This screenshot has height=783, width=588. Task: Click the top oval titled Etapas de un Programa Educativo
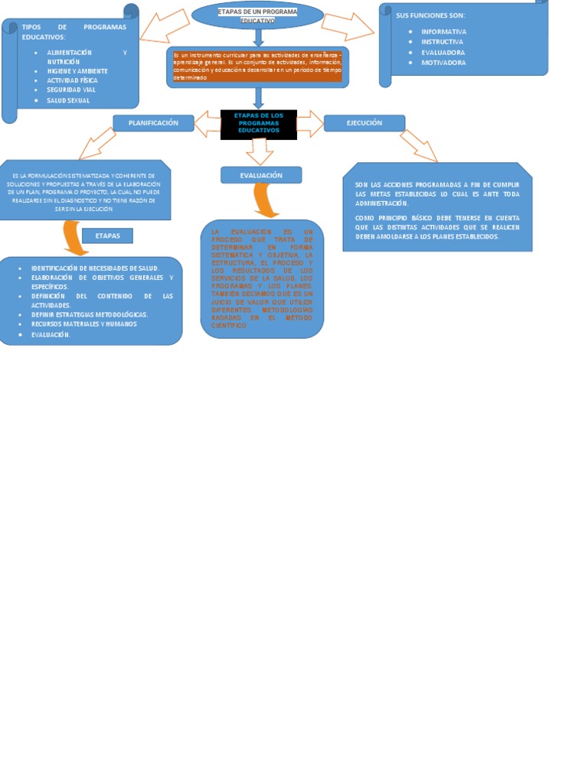[257, 15]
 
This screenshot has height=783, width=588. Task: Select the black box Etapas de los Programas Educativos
[259, 124]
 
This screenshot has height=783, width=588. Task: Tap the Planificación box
[153, 123]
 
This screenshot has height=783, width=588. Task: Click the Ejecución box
[364, 123]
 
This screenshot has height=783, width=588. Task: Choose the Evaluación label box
[261, 175]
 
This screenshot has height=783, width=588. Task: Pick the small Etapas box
[107, 236]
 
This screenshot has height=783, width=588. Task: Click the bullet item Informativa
[444, 31]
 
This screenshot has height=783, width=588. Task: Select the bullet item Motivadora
[443, 63]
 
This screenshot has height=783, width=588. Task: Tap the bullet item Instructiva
[443, 42]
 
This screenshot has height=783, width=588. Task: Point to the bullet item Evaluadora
[443, 53]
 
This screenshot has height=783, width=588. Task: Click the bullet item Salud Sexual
[68, 100]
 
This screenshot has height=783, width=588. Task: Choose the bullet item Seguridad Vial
[71, 89]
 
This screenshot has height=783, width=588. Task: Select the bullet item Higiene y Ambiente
[77, 70]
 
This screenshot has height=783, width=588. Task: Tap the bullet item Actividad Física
[72, 80]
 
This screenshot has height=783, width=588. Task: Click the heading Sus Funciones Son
[430, 15]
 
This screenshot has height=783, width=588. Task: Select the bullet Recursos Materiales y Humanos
[84, 324]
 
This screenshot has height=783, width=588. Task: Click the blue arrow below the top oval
[259, 37]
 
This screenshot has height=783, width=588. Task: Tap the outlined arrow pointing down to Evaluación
[260, 151]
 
